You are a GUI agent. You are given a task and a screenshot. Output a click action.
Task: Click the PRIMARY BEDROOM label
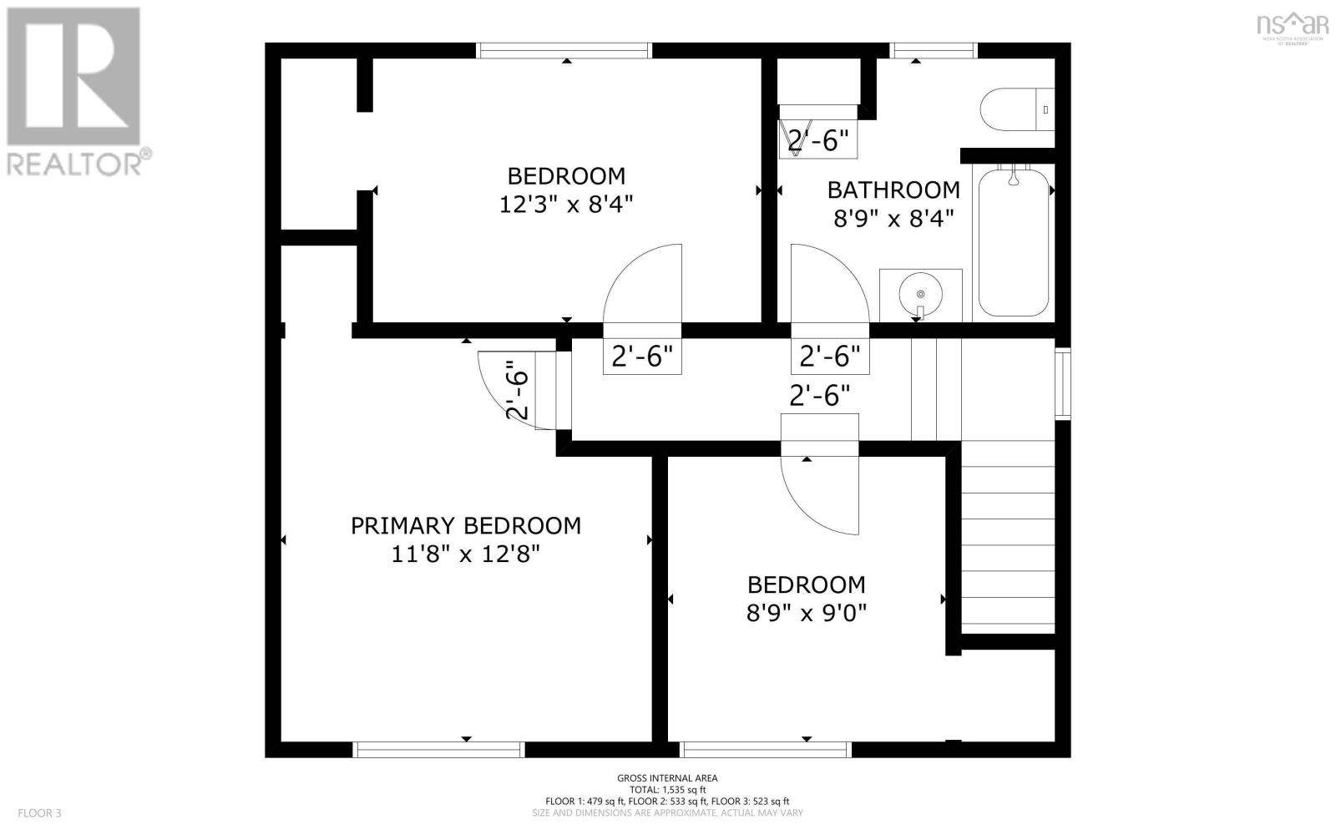[x=465, y=525]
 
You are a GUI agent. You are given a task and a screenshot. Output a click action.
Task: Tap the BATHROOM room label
[x=893, y=190]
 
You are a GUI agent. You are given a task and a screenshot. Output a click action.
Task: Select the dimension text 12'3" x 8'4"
[x=566, y=204]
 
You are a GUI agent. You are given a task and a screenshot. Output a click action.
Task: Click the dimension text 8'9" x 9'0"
[x=806, y=613]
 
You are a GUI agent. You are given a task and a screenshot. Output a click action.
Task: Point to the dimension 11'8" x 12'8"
[x=465, y=554]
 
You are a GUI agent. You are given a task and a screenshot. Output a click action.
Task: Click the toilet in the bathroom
[x=1015, y=109]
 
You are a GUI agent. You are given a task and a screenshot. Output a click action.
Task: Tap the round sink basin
[x=920, y=294]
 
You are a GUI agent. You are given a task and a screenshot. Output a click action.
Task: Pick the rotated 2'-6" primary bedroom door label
[x=518, y=389]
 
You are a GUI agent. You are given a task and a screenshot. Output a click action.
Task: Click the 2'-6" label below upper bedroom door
[x=642, y=357]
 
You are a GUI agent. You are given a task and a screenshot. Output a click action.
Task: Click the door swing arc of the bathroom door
[x=827, y=280]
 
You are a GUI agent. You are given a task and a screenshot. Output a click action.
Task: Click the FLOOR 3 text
[x=40, y=812]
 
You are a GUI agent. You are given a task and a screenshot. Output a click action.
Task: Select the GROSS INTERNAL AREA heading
[x=667, y=778]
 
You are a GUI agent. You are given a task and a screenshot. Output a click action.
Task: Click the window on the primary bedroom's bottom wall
[x=439, y=749]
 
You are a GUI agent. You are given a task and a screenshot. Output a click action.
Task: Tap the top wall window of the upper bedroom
[x=564, y=51]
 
